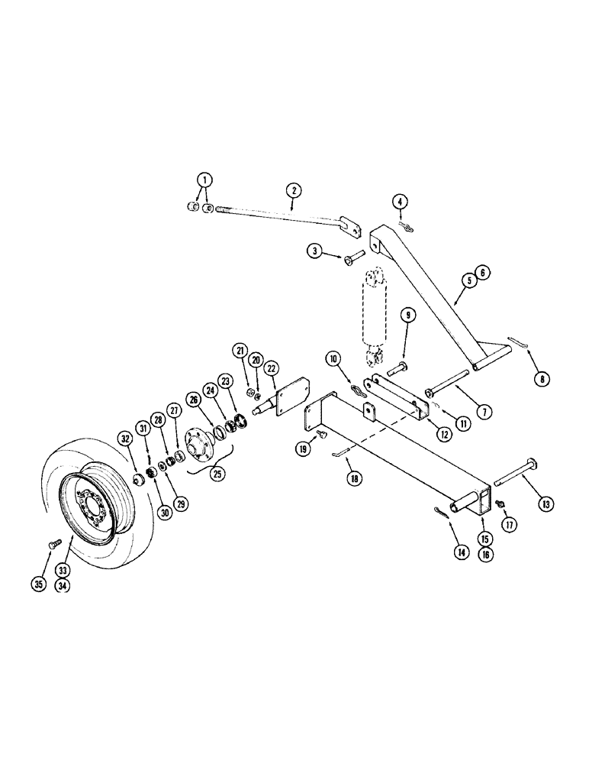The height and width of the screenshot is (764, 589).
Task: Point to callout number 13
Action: [526, 503]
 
